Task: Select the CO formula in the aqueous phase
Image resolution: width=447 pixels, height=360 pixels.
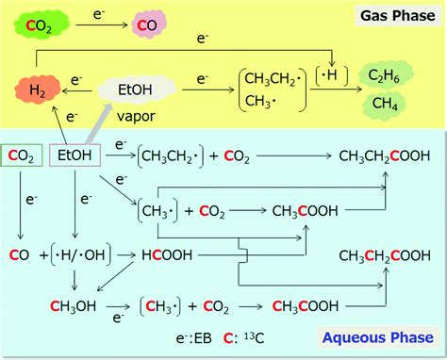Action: click(x=20, y=255)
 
